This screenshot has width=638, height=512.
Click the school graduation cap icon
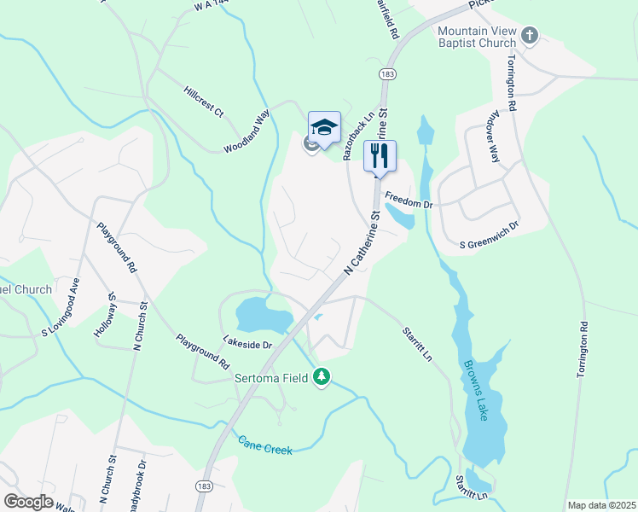(x=324, y=128)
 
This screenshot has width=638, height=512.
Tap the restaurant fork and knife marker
(x=380, y=155)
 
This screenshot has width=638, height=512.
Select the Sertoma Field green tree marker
(x=322, y=376)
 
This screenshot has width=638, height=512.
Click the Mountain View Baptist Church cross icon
(x=530, y=36)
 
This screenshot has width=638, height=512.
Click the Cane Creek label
(x=264, y=445)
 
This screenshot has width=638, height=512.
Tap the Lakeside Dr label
(x=247, y=344)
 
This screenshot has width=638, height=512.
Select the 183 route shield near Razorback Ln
(x=388, y=73)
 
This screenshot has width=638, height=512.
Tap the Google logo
(x=29, y=501)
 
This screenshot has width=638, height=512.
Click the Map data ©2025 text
(x=601, y=505)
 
